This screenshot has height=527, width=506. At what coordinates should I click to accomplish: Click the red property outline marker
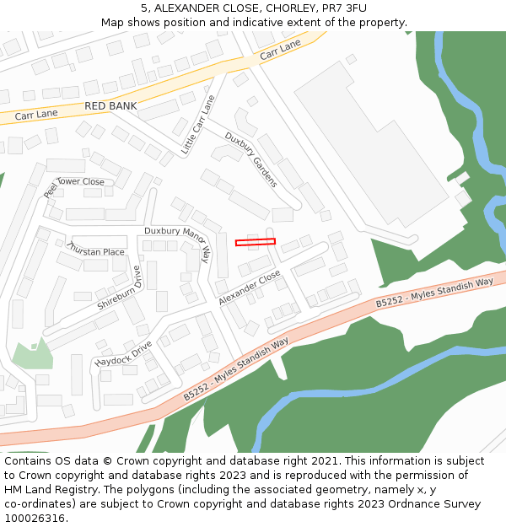[x=255, y=243]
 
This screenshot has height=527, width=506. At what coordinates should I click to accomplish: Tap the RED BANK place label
[x=110, y=106]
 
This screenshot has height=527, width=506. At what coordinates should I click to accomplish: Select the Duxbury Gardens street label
[x=250, y=159]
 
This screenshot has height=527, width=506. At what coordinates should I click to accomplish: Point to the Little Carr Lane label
[x=198, y=125]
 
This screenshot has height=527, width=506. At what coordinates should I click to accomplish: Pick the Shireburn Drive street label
[x=121, y=288]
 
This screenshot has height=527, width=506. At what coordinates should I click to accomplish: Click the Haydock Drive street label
[x=123, y=353]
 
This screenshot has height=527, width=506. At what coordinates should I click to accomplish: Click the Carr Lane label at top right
[x=280, y=50]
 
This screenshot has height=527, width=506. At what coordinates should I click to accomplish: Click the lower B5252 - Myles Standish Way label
[x=236, y=368]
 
